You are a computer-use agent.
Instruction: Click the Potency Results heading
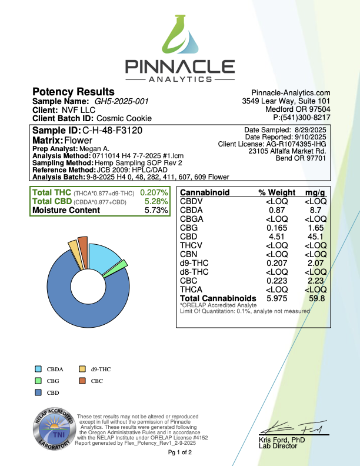(73, 92)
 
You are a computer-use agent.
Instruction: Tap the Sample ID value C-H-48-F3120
(112, 130)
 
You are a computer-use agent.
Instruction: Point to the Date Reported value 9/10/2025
(309, 137)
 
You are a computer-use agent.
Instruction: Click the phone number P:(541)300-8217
(298, 118)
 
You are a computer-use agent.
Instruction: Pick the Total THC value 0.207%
(154, 193)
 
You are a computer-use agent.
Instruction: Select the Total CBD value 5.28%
(156, 202)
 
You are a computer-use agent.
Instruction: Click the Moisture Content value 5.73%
(156, 211)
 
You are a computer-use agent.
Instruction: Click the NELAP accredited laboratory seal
(52, 432)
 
